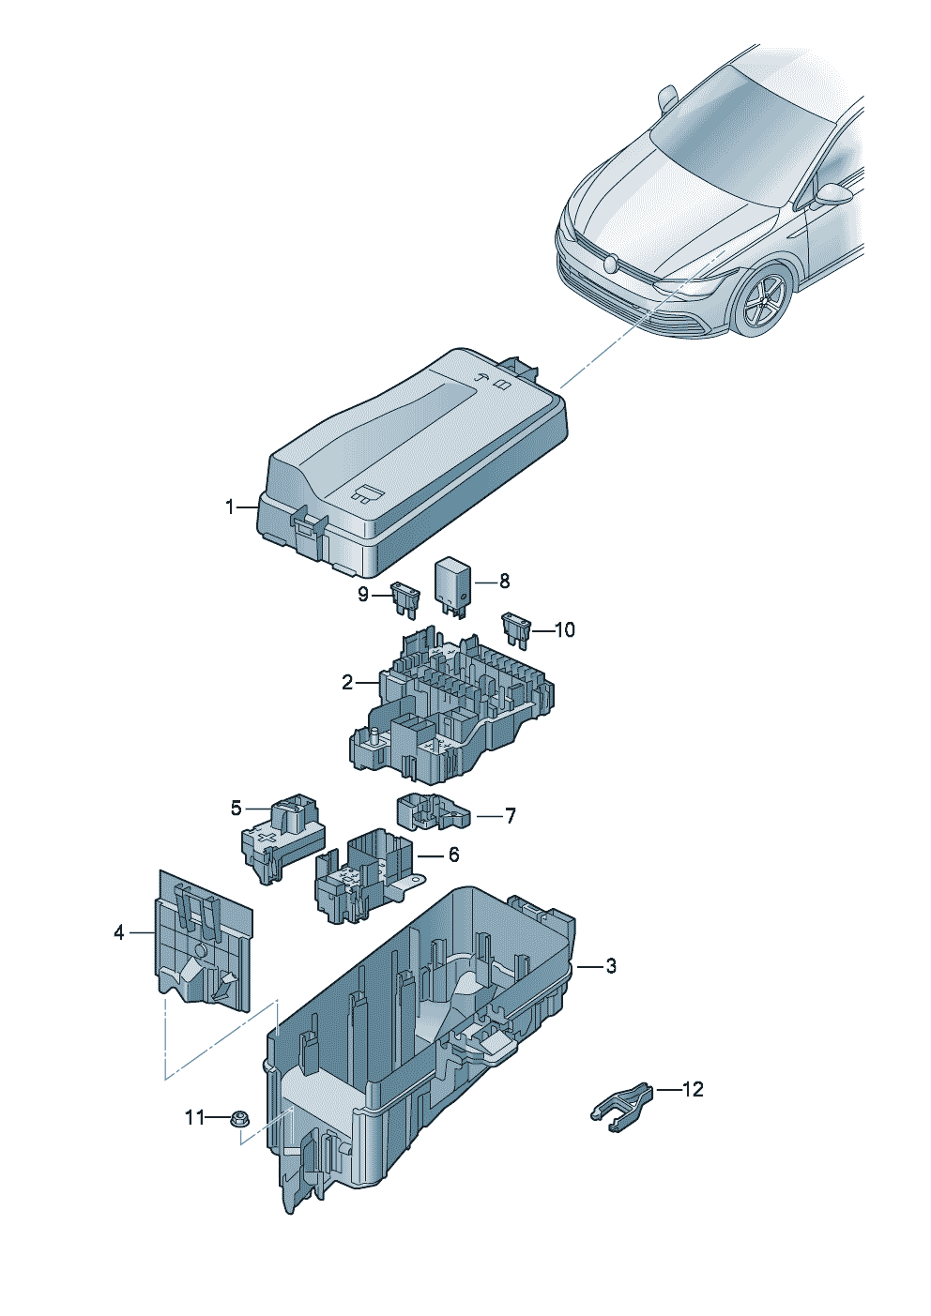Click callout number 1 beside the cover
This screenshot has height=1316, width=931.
point(230,507)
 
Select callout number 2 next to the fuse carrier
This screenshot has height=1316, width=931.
point(347,683)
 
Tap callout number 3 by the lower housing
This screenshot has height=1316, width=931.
point(611,965)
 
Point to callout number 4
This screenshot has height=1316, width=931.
point(119,932)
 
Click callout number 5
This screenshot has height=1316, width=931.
point(237,808)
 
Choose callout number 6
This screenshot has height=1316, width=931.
point(454,855)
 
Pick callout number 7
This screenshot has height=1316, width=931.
point(511,816)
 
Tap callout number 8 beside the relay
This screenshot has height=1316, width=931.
point(504,582)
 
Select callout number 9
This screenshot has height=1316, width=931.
point(364,594)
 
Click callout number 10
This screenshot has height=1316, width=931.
point(565,629)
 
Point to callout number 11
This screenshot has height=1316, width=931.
point(194,1117)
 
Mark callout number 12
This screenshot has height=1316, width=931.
point(693,1089)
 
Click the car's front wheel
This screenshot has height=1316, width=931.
point(764,299)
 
